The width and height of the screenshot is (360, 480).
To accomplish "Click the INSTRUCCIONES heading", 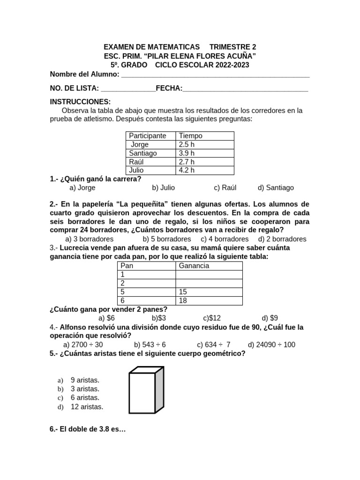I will point(80,102).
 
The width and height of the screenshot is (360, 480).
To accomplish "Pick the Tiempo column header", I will point(190,136).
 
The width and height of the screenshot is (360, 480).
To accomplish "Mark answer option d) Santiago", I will point(276,187).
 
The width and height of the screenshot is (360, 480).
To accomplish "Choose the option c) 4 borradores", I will point(225,239).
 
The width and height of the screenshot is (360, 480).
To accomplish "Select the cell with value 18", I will point(209,300).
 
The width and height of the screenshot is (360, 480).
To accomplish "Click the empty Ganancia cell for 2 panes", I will point(209,283).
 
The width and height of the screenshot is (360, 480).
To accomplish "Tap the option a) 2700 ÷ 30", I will point(83,345).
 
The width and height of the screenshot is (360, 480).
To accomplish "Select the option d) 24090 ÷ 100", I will point(271,345).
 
